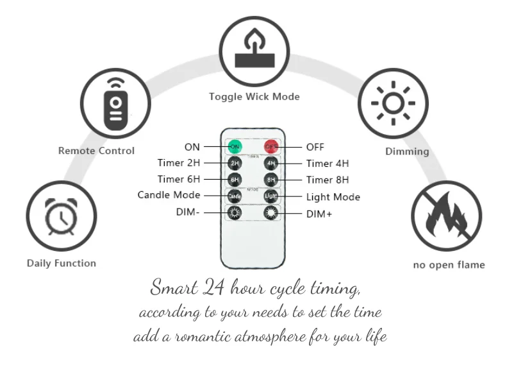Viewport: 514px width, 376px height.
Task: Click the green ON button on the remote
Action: [235, 147]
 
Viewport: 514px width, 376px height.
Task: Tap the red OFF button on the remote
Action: [272, 147]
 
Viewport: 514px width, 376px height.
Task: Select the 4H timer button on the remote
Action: [272, 163]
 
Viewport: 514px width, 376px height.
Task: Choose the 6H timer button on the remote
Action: [235, 180]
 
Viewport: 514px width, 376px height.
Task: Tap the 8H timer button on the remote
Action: [272, 180]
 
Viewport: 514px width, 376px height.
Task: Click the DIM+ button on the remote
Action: [272, 212]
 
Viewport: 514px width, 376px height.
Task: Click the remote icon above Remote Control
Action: [115, 103]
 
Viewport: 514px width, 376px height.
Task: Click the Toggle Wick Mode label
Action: [254, 97]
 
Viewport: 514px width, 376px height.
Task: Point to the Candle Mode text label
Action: [169, 195]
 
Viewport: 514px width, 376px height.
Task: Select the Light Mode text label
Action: [333, 197]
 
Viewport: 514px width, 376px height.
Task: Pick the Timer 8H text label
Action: [327, 180]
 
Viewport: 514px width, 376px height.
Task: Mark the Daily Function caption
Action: [62, 263]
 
